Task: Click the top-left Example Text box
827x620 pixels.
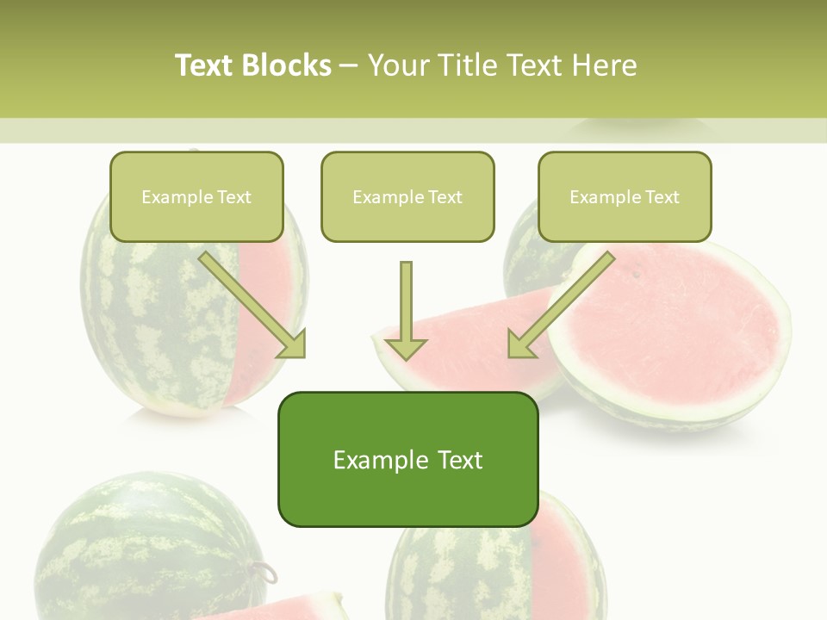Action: tap(196, 196)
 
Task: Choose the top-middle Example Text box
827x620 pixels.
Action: tap(407, 196)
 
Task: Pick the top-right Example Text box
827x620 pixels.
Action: tap(625, 196)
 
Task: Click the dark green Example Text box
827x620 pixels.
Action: tap(407, 459)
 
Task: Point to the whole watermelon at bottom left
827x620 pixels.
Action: tap(146, 551)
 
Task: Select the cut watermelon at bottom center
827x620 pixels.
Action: tap(500, 568)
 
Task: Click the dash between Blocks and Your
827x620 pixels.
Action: tap(349, 65)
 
